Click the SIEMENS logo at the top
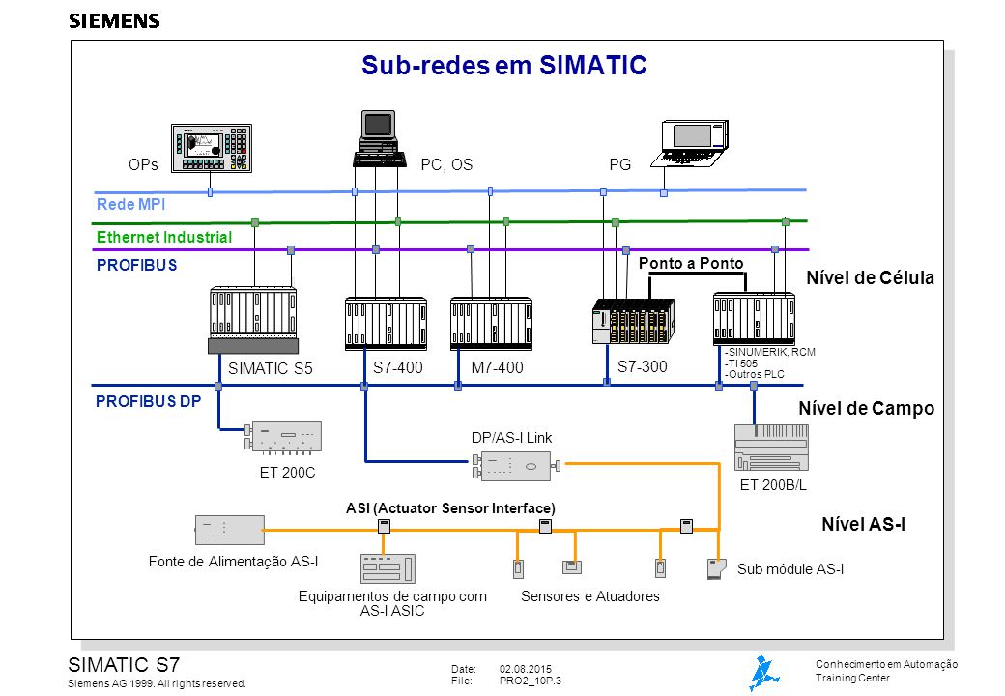click(114, 21)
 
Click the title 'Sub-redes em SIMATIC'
click(503, 65)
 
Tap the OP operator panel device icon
click(212, 148)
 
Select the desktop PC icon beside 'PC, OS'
click(380, 139)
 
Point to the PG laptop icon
click(690, 144)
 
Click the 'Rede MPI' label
click(130, 204)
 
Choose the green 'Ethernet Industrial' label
click(164, 237)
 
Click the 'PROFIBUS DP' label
click(148, 401)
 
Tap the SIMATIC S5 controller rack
click(253, 320)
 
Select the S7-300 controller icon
click(633, 321)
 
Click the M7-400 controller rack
click(492, 324)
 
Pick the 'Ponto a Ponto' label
click(691, 263)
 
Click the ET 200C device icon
click(283, 438)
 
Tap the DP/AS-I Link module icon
click(516, 467)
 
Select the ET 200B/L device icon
click(771, 448)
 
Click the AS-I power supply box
click(230, 530)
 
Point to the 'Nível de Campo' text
click(866, 408)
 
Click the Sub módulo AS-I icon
click(717, 569)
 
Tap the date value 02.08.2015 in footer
click(526, 669)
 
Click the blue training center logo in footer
click(764, 673)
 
